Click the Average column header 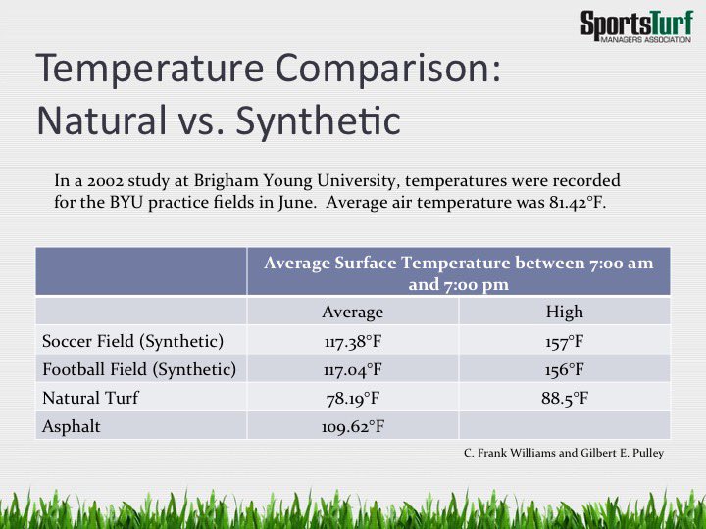[352, 312]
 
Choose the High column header [564, 312]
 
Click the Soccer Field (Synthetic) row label [132, 341]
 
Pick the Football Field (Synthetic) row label [139, 369]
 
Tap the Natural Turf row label [90, 398]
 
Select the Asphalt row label [72, 426]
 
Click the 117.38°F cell [352, 341]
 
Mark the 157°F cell [564, 341]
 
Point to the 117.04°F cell [352, 369]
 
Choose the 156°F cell [564, 369]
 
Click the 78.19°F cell [352, 398]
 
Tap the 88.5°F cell [564, 398]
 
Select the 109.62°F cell [352, 426]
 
